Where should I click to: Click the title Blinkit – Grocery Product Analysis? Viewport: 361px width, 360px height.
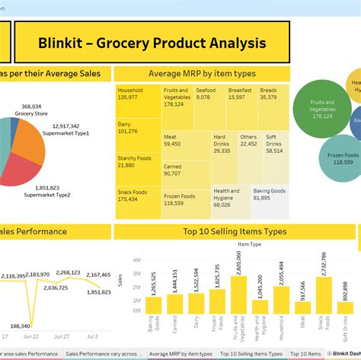[x=152, y=43]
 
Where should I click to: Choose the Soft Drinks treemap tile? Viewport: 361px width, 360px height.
[x=276, y=146]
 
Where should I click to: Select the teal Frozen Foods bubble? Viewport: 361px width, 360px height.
[x=343, y=158]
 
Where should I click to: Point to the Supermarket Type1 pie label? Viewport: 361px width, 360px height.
[x=70, y=129]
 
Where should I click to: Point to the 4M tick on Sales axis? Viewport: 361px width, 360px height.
[x=137, y=260]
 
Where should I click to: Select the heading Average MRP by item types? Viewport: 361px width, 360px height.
[x=202, y=73]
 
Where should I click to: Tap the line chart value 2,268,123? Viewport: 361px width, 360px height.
[x=68, y=272]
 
